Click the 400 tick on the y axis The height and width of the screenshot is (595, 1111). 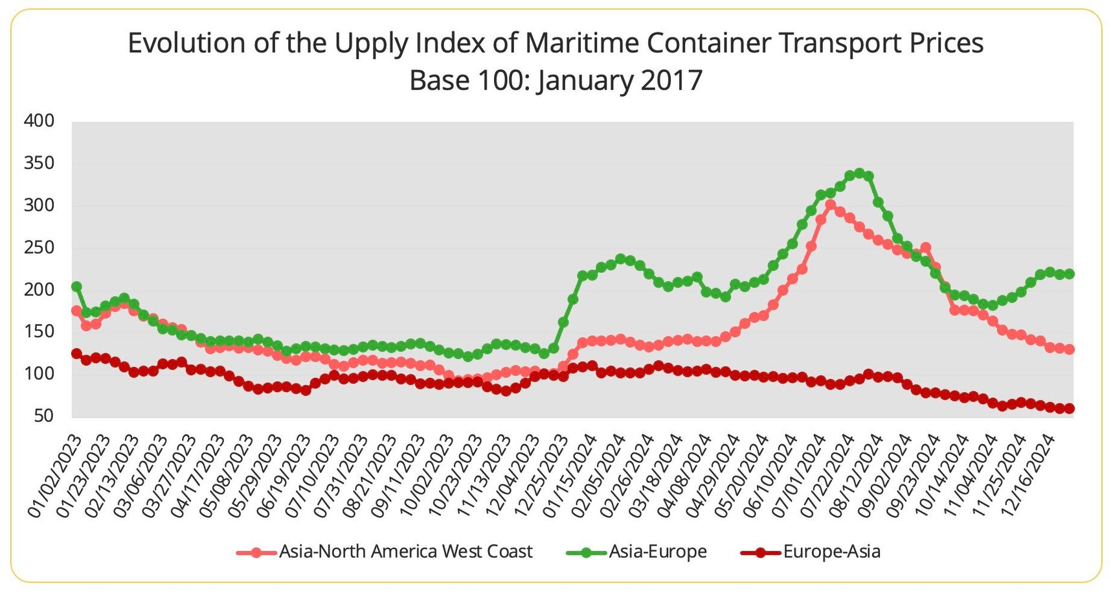(x=39, y=121)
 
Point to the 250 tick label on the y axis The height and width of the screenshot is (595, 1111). (x=39, y=248)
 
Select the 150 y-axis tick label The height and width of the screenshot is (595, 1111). (x=39, y=332)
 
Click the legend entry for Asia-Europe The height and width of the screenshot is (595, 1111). (x=657, y=552)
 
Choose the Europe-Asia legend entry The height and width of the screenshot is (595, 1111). (x=831, y=552)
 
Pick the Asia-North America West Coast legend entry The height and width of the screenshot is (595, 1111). (x=405, y=552)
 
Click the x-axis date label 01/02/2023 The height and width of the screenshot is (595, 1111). (x=56, y=476)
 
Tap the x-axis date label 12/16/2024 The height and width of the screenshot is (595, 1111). (x=1029, y=476)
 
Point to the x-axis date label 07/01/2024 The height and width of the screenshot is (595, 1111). (x=800, y=476)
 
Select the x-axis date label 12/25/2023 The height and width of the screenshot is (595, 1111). (x=543, y=476)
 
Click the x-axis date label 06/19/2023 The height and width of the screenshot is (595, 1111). (x=286, y=476)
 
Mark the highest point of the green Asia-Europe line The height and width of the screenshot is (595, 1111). (x=859, y=174)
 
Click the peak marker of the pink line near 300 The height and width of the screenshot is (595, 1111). (x=831, y=205)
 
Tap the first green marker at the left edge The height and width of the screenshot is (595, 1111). (x=76, y=286)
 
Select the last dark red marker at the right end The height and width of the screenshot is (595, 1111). (x=1070, y=408)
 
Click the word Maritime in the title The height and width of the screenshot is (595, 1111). (x=582, y=43)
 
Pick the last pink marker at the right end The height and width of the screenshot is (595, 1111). (x=1070, y=349)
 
